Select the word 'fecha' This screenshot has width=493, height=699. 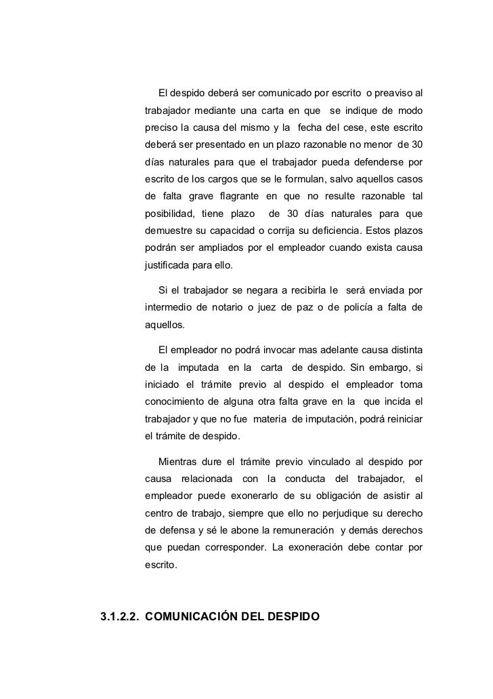pyautogui.click(x=312, y=128)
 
